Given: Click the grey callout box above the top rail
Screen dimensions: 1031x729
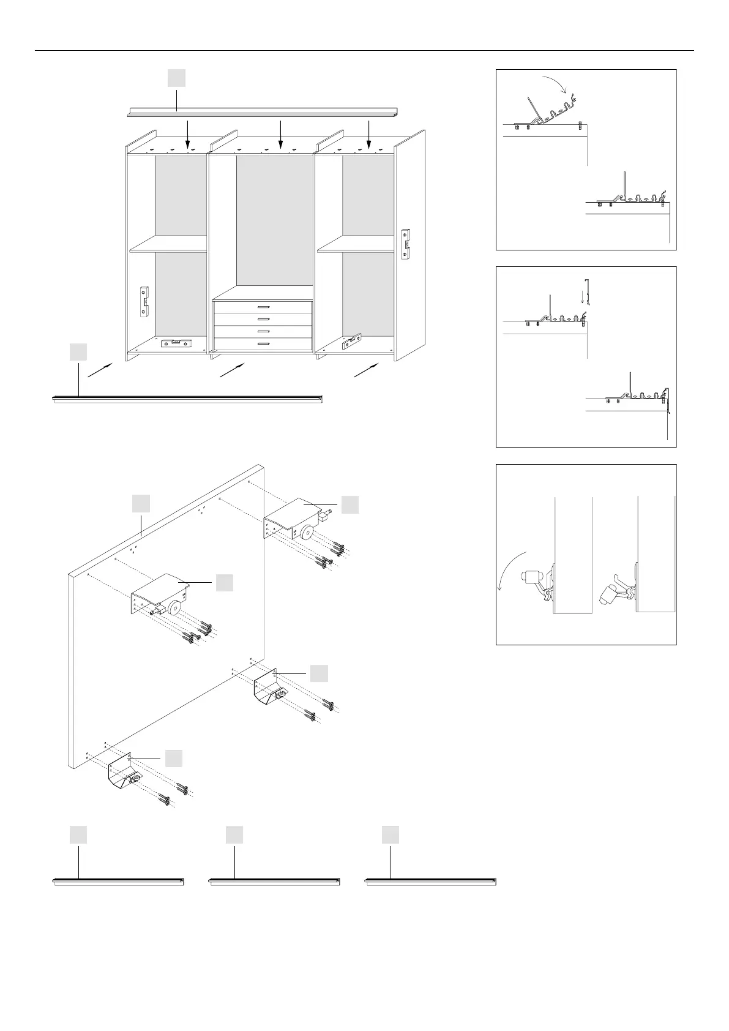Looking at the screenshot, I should click(177, 78).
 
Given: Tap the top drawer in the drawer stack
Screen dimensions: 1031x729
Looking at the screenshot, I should click(263, 307).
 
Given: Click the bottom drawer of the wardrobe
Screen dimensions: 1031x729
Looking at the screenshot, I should click(263, 344).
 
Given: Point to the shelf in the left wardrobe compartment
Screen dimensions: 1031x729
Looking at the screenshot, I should click(168, 245).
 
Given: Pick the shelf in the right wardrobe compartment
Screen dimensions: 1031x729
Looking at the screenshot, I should click(355, 245).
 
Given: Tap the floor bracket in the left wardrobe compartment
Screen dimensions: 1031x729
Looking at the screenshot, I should click(175, 343).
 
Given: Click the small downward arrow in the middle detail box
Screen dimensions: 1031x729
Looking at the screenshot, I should click(582, 296).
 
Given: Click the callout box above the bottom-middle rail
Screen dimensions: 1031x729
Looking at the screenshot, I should click(234, 835).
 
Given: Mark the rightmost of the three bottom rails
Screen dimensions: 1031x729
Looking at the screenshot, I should click(430, 882).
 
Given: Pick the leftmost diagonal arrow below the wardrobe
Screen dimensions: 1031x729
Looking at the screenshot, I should click(100, 370).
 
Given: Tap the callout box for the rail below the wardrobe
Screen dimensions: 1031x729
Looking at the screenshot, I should click(78, 352).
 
